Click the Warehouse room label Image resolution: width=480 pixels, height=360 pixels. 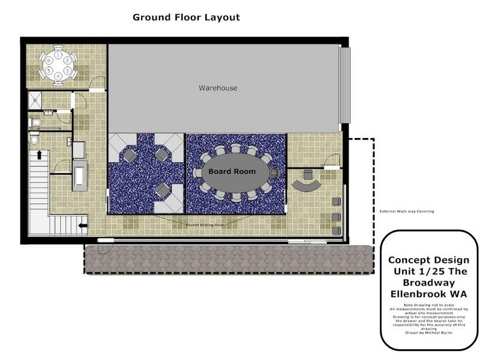pos(218,88)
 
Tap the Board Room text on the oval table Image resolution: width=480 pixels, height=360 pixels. pos(232,172)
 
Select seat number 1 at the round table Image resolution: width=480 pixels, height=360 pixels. pos(58,55)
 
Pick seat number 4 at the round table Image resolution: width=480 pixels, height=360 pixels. pos(58,76)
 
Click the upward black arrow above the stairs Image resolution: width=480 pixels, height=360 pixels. pos(40,155)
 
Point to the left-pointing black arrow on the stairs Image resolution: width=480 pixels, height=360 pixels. pos(82,226)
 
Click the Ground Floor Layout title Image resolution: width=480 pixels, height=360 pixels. pos(186,17)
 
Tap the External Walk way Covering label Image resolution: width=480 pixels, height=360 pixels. pos(406,211)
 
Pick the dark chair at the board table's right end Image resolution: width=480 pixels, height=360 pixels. pos(275,173)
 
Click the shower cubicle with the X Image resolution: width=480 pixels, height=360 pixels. pos(38,100)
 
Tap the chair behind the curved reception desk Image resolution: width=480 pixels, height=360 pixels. pos(309,176)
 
